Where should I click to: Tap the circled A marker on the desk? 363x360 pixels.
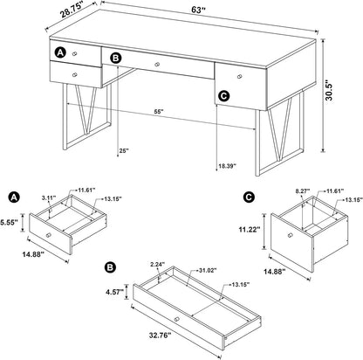click(x=60, y=53)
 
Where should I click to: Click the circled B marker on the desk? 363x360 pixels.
click(x=116, y=60)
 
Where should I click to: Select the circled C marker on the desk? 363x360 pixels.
click(x=223, y=97)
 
